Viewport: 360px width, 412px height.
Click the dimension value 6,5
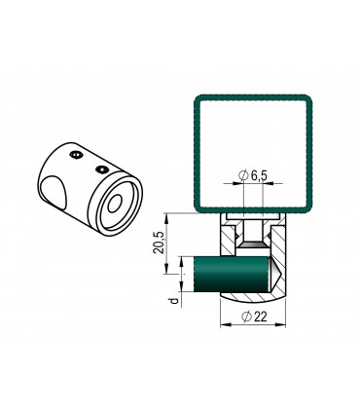[x=259, y=175]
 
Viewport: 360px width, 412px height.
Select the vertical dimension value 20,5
[x=159, y=243]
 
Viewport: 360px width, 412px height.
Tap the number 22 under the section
[x=261, y=317]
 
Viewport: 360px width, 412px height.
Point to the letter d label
[x=175, y=301]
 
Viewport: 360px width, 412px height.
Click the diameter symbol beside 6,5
[x=243, y=175]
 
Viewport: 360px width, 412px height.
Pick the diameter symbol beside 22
[x=247, y=317]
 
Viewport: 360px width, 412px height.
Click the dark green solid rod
[x=232, y=273]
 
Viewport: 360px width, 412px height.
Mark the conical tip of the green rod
[x=275, y=274]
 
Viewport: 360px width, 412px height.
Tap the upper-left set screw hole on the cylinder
[x=76, y=156]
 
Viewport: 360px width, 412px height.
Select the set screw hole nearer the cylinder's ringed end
[x=102, y=169]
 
